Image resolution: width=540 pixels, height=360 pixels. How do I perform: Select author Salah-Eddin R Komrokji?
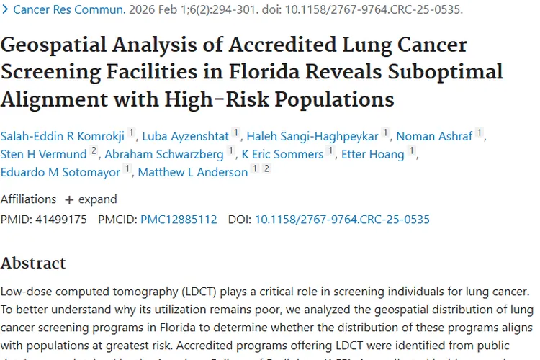pyautogui.click(x=63, y=135)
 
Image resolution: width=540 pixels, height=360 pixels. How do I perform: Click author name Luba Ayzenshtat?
pyautogui.click(x=185, y=135)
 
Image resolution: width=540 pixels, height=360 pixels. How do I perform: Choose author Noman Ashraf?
pyautogui.click(x=435, y=135)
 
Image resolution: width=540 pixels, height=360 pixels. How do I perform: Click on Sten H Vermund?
pyautogui.click(x=43, y=153)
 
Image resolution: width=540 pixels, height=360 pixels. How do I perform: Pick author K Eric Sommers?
pyautogui.click(x=282, y=153)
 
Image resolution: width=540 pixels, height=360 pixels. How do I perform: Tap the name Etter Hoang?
pyautogui.click(x=373, y=153)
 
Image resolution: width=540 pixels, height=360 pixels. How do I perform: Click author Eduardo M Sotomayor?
pyautogui.click(x=60, y=172)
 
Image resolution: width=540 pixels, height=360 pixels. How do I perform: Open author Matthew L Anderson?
pyautogui.click(x=192, y=172)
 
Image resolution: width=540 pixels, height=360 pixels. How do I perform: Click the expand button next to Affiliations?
pyautogui.click(x=91, y=199)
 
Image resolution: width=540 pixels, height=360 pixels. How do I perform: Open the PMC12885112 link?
pyautogui.click(x=179, y=219)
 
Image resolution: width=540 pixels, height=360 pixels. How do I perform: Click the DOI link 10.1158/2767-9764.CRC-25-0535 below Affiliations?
pyautogui.click(x=342, y=219)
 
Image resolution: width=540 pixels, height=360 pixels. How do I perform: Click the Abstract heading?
pyautogui.click(x=33, y=263)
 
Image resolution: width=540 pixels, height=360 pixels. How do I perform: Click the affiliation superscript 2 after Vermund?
pyautogui.click(x=94, y=150)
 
